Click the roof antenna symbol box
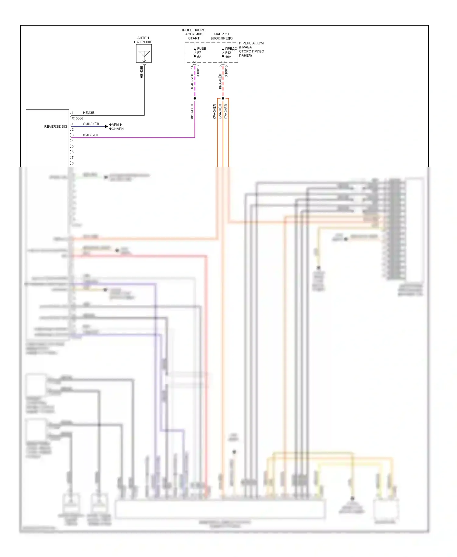point(144,54)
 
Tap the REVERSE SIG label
point(56,126)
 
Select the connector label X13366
point(77,118)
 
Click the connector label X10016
point(198,71)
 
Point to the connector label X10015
point(226,71)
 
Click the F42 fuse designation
point(228,53)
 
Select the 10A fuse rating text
point(228,57)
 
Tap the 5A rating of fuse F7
point(199,57)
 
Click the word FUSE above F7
point(202,48)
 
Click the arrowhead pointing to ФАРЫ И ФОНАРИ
point(106,126)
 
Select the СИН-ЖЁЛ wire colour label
point(91,124)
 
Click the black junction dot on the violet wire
point(195,98)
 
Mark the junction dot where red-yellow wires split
point(223,98)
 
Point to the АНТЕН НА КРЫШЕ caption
point(143,40)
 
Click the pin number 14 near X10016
point(192,67)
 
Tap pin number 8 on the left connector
point(73,163)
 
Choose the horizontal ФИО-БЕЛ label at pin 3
point(90,135)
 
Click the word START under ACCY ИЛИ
point(194,38)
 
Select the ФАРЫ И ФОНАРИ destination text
point(116,127)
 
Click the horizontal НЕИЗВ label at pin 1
point(89,113)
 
